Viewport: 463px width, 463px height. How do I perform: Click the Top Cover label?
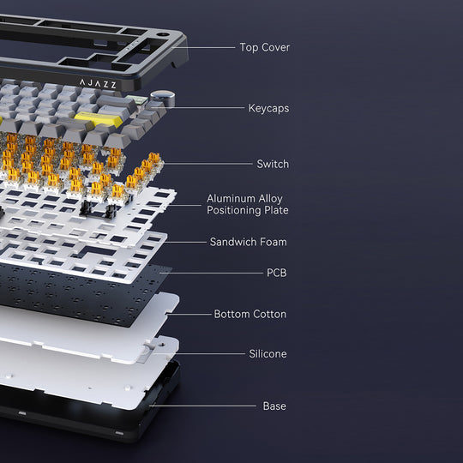pyautogui.click(x=265, y=47)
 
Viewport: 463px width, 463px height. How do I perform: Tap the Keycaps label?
pyautogui.click(x=268, y=108)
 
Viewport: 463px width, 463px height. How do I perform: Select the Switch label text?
pyautogui.click(x=273, y=164)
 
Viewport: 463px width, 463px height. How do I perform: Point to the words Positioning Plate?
pyautogui.click(x=248, y=210)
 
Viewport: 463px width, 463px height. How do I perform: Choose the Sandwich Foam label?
pyautogui.click(x=249, y=242)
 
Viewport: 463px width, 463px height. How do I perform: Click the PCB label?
pyautogui.click(x=277, y=273)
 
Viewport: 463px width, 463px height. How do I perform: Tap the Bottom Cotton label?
pyautogui.click(x=250, y=314)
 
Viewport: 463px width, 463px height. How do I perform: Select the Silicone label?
pyautogui.click(x=268, y=353)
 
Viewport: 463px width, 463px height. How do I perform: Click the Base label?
pyautogui.click(x=274, y=406)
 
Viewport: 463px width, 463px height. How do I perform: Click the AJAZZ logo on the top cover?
pyautogui.click(x=98, y=84)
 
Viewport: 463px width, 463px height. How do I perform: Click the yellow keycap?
pyautogui.click(x=99, y=118)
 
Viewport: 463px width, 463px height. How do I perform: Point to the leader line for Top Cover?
pyautogui.click(x=204, y=47)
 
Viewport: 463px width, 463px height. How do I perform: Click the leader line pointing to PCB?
pyautogui.click(x=212, y=273)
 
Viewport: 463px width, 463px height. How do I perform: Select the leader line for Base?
pyautogui.click(x=203, y=406)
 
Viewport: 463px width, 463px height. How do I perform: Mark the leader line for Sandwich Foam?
pyautogui.click(x=185, y=242)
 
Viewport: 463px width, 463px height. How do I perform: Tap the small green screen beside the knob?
pyautogui.click(x=136, y=99)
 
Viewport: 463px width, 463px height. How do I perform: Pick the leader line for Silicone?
pyautogui.click(x=199, y=353)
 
